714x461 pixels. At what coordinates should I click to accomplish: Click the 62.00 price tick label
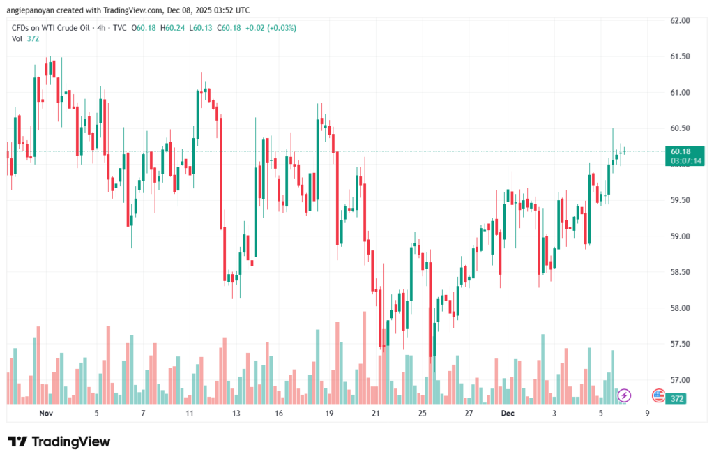(x=679, y=20)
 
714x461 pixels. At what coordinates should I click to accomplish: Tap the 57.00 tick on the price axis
(x=679, y=380)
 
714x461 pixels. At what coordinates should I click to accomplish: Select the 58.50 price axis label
(x=679, y=272)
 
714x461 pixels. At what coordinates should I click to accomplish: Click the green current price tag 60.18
(x=681, y=151)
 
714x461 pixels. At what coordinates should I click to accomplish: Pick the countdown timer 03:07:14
(x=686, y=161)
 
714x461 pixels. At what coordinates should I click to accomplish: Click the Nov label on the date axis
(x=47, y=414)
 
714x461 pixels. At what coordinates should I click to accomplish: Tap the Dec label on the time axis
(x=508, y=414)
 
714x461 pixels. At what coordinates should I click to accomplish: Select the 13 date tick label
(x=236, y=414)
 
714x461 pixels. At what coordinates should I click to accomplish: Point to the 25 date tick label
(x=422, y=414)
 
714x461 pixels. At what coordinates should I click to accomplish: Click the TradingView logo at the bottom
(x=59, y=442)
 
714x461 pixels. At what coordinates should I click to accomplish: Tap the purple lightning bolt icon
(x=625, y=395)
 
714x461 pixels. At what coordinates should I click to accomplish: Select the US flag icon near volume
(x=658, y=395)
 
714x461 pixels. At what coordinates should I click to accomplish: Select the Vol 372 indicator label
(x=26, y=38)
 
